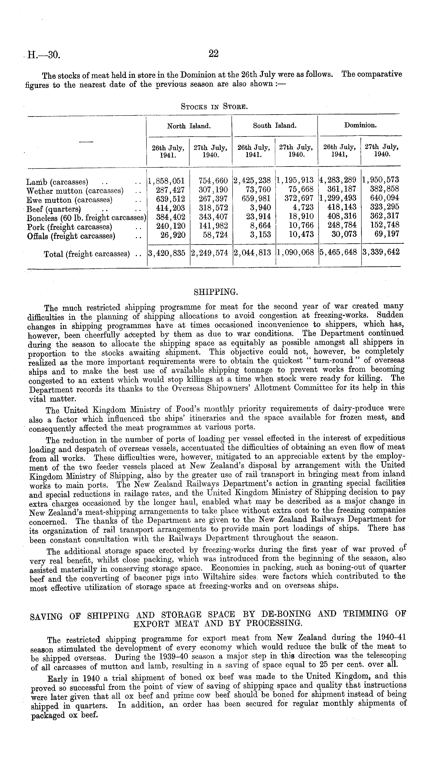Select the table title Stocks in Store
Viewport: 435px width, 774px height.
[214, 107]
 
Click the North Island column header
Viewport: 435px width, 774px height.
[189, 126]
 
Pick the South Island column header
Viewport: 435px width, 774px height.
[275, 126]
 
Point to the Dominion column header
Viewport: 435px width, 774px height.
[360, 125]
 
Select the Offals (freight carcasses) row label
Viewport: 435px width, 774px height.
[71, 236]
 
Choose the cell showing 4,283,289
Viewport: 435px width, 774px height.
[338, 180]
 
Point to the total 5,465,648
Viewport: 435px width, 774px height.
[338, 253]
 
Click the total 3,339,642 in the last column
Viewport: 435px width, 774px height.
[381, 252]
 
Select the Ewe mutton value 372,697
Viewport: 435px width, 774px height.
[299, 198]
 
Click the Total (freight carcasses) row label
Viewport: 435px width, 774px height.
[87, 254]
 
